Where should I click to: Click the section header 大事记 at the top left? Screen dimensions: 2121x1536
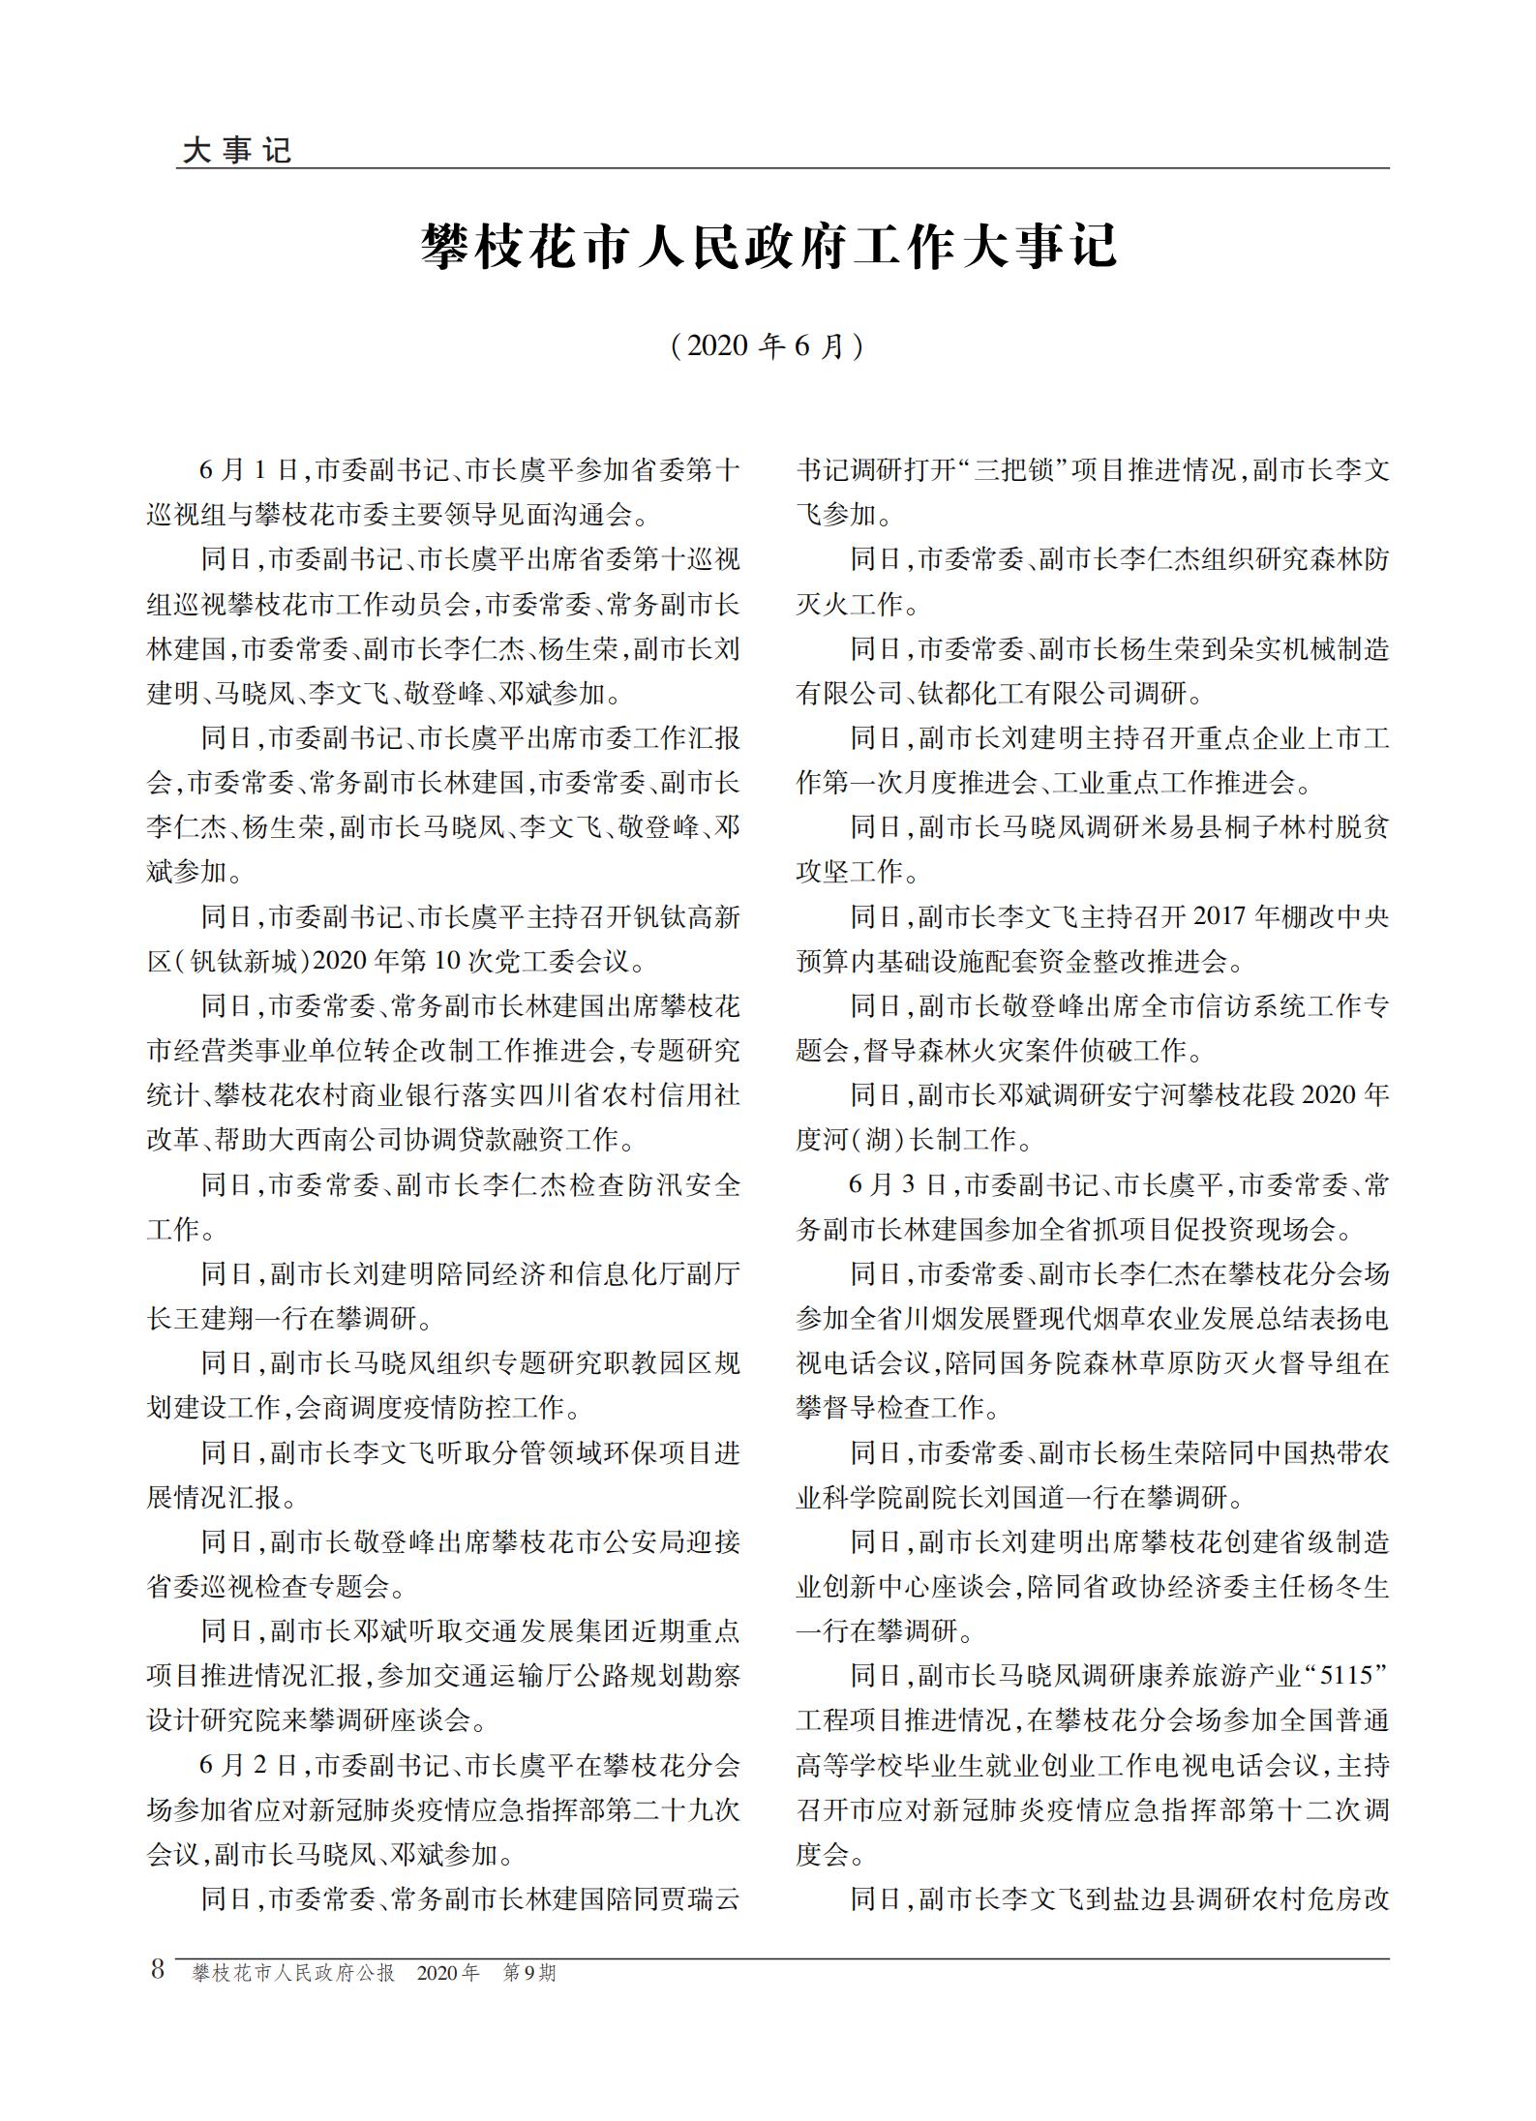pos(236,151)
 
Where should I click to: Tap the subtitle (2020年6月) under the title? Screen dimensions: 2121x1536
pos(768,346)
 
